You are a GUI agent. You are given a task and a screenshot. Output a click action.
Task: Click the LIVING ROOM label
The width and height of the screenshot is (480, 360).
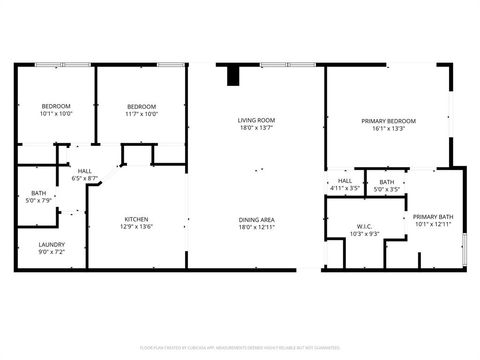point(256,120)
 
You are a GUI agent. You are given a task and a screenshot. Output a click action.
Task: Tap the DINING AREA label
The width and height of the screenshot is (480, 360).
point(256,219)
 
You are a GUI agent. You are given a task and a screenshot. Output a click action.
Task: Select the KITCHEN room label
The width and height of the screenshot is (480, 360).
point(137,219)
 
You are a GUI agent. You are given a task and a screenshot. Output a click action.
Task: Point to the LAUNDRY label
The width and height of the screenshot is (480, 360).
point(52,245)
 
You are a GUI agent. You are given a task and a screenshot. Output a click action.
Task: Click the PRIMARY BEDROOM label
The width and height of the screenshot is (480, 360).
point(388,120)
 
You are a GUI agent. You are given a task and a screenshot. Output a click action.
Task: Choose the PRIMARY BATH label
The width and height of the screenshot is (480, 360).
point(433,216)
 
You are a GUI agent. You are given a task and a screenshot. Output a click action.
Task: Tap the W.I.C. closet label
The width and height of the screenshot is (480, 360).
point(364,225)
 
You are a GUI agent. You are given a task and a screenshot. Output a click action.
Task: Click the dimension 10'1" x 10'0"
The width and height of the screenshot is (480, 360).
point(56,114)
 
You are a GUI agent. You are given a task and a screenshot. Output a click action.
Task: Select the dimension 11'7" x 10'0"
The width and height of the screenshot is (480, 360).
point(142,114)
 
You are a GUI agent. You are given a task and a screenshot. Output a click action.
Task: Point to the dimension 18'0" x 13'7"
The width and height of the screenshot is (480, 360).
point(256,128)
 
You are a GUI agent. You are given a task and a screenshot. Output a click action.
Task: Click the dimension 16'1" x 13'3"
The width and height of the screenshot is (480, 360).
point(388,128)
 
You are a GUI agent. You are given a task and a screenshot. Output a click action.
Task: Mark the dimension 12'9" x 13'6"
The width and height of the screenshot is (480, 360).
point(137,227)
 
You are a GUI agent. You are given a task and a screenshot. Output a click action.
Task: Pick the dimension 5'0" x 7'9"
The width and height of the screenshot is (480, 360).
point(38,200)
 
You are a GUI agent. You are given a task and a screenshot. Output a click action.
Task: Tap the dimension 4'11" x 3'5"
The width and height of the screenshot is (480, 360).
point(344,188)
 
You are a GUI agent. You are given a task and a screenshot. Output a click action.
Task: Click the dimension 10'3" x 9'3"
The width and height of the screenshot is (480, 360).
point(364,233)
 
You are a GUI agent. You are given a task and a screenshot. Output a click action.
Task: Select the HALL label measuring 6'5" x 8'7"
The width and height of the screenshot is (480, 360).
point(85,171)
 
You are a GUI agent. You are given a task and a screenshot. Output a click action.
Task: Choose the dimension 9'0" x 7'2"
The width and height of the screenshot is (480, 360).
point(52,253)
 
